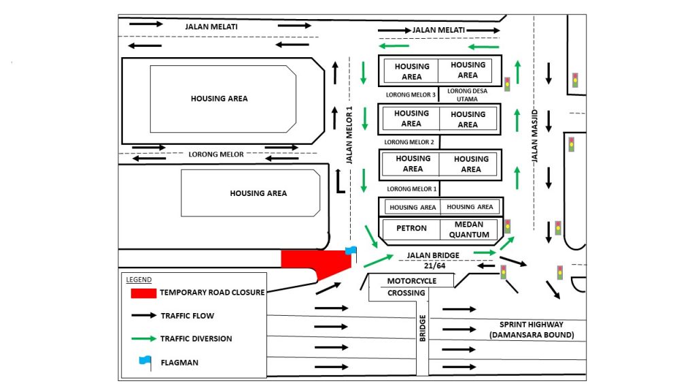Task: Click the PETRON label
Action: pyautogui.click(x=411, y=229)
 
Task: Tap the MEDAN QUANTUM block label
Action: pyautogui.click(x=468, y=229)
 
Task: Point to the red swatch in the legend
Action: pyautogui.click(x=143, y=293)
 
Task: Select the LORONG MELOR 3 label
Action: pyautogui.click(x=410, y=95)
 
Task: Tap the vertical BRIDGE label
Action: pyautogui.click(x=422, y=328)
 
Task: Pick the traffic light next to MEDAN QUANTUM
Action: pyautogui.click(x=507, y=226)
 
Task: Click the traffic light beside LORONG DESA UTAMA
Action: pyautogui.click(x=507, y=84)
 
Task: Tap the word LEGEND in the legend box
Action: pyautogui.click(x=139, y=280)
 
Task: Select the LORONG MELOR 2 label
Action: pyautogui.click(x=409, y=142)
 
